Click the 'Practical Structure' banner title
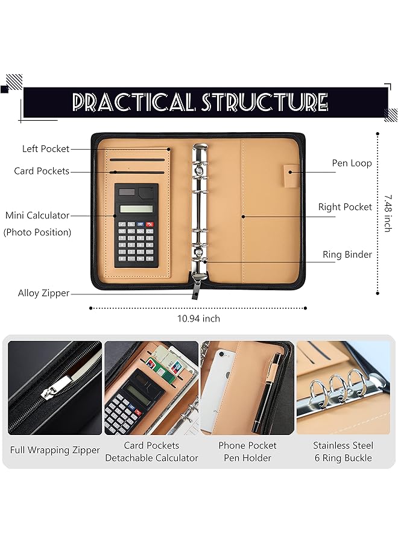tap(200, 102)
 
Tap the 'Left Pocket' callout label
tap(46, 149)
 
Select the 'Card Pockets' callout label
tap(42, 171)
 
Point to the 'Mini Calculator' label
tap(37, 215)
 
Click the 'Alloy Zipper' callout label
tap(43, 293)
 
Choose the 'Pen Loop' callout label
tap(352, 163)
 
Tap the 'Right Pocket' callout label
tap(345, 207)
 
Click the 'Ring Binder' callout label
tap(347, 255)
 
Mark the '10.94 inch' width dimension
tap(198, 319)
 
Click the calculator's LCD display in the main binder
tap(136, 209)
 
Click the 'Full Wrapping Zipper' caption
tap(55, 450)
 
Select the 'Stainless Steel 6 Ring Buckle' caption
tap(343, 451)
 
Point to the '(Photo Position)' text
tap(37, 232)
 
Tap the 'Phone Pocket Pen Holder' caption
tap(247, 451)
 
